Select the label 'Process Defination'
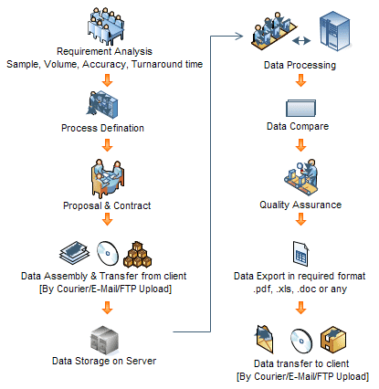[x=104, y=127]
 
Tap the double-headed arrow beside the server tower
[x=300, y=41]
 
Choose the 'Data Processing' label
[x=300, y=66]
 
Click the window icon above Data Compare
[x=300, y=105]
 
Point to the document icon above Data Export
[x=300, y=251]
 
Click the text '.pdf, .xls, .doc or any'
[x=300, y=289]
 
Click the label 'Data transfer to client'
[x=300, y=363]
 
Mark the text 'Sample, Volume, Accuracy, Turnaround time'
[x=104, y=64]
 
